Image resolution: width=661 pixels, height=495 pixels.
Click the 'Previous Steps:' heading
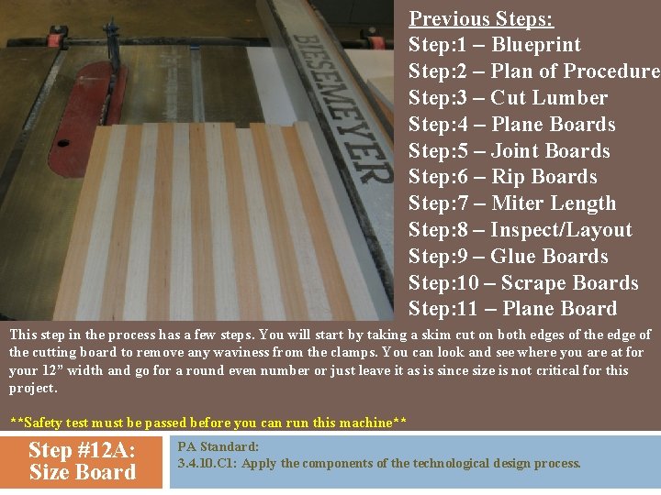(480, 18)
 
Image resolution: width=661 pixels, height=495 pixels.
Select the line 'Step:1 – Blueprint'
(494, 45)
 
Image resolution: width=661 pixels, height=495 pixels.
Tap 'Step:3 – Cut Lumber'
(508, 98)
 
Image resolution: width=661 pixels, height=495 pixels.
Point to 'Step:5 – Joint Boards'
(509, 151)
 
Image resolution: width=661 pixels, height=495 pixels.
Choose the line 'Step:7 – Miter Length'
(512, 203)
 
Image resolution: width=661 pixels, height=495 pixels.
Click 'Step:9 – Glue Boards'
(508, 257)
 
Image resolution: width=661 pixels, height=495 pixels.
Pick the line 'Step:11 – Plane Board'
(512, 309)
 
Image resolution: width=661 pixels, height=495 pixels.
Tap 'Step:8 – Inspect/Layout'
(520, 230)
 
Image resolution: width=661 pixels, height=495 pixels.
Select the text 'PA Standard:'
(218, 446)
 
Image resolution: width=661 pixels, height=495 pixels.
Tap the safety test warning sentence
(207, 423)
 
